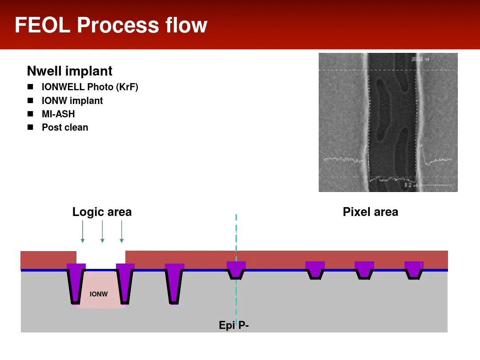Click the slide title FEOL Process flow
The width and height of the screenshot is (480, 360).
pos(111,25)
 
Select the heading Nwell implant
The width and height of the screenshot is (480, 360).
pos(70,71)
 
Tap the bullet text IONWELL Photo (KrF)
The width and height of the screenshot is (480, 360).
pos(90,87)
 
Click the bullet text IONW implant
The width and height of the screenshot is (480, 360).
pos(72,101)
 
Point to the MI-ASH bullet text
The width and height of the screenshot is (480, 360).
pos(58,114)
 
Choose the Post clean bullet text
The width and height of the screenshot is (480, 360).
pos(65,128)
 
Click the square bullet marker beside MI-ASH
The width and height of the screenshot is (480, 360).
pos(30,114)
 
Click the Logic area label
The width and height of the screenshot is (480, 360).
pos(102,212)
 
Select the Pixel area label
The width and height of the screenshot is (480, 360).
pos(370,212)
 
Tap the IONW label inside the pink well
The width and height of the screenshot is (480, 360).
pos(99,294)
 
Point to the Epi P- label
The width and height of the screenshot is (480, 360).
pos(233,325)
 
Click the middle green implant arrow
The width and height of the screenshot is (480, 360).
pos(102,231)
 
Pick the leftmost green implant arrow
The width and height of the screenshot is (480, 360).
pos(83,231)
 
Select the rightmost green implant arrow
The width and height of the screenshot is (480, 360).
pos(121,231)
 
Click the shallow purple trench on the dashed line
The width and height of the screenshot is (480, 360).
pos(236,269)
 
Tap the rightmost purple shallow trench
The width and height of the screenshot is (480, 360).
pos(413,269)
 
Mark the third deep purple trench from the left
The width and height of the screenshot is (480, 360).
pos(174,282)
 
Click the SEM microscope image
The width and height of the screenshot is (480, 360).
pos(388,122)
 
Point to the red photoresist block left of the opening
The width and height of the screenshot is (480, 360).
pos(48,260)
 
